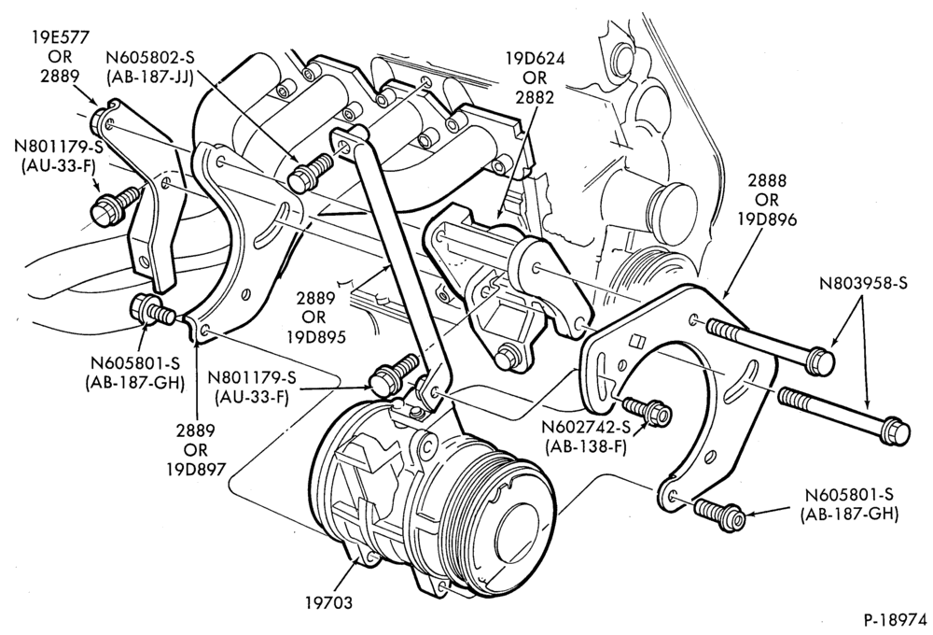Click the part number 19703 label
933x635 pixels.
[x=329, y=602]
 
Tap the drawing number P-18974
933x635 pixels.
[x=896, y=619]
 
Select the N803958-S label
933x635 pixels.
[x=863, y=284]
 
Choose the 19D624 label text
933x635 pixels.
[x=535, y=59]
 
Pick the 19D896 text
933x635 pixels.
[x=767, y=219]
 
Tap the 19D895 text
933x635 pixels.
[x=316, y=337]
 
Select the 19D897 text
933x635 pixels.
[x=196, y=469]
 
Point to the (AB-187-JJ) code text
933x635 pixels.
[x=150, y=77]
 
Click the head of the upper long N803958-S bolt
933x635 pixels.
[x=819, y=359]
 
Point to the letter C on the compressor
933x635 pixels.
[x=427, y=445]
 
